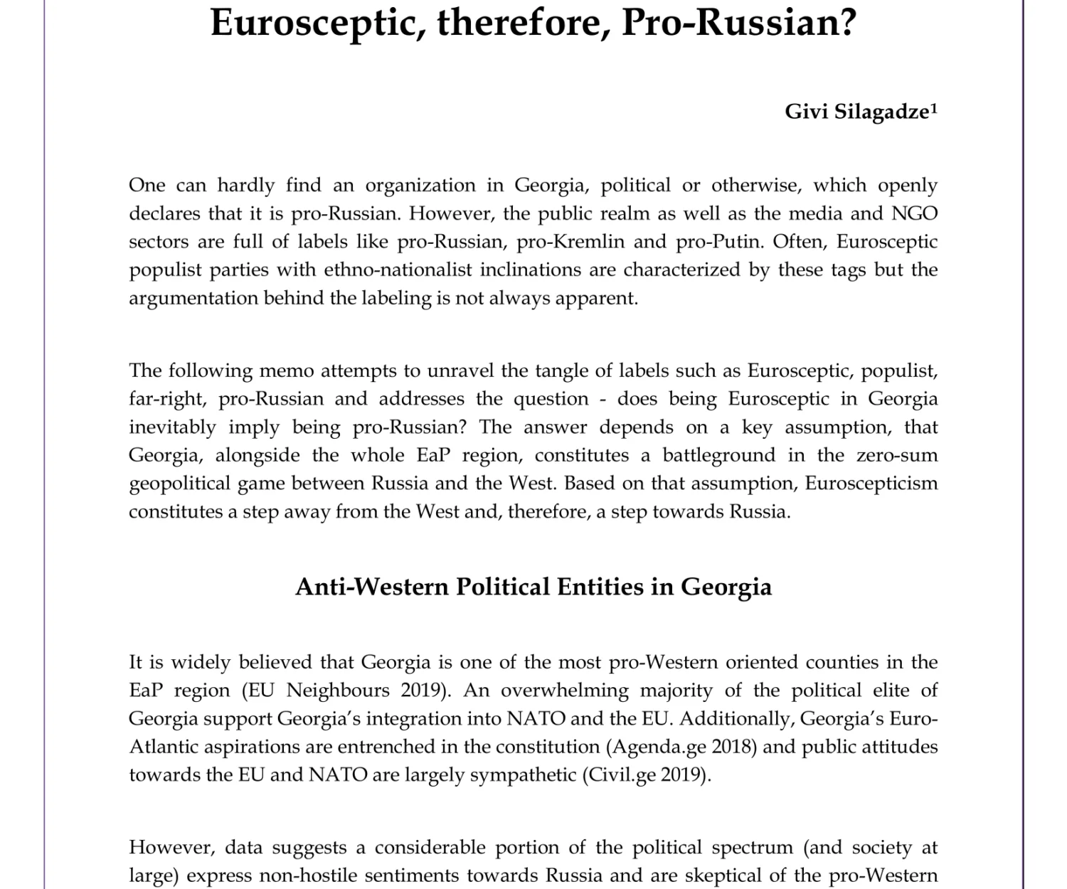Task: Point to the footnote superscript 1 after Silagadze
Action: (934, 108)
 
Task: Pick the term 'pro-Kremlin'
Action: (570, 242)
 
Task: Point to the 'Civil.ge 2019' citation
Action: (646, 774)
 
